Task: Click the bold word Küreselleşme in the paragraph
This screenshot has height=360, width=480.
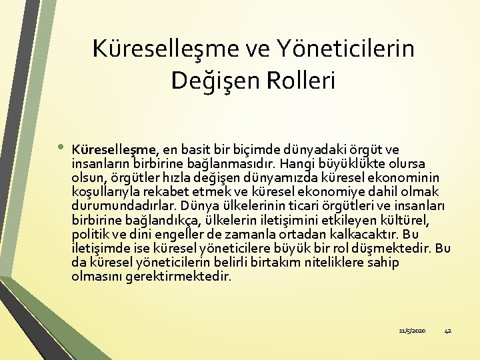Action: click(x=115, y=149)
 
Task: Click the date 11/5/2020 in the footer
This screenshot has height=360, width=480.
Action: click(x=411, y=331)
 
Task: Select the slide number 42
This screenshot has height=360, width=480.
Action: click(x=447, y=331)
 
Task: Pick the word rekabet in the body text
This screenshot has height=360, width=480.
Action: click(x=178, y=192)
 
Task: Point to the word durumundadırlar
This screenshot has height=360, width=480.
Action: click(x=117, y=206)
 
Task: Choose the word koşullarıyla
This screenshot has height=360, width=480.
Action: click(x=107, y=192)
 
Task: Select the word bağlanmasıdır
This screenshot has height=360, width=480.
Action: click(x=239, y=163)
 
